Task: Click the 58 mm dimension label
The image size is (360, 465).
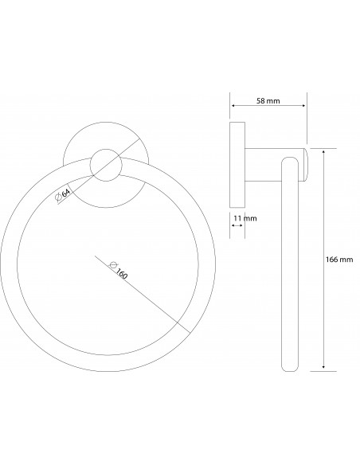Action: tap(268, 101)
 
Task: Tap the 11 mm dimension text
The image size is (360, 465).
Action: tap(245, 218)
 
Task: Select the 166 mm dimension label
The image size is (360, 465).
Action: tap(339, 260)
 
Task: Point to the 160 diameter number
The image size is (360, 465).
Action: tap(122, 274)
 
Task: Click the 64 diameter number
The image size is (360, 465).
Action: tap(65, 193)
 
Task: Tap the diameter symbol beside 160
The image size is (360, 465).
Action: tap(113, 264)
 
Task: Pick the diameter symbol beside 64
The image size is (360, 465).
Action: tap(58, 197)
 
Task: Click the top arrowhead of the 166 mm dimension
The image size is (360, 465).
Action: tap(323, 152)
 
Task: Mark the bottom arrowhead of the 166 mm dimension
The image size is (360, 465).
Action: tap(323, 366)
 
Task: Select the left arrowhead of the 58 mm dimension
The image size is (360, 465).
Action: tap(233, 106)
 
